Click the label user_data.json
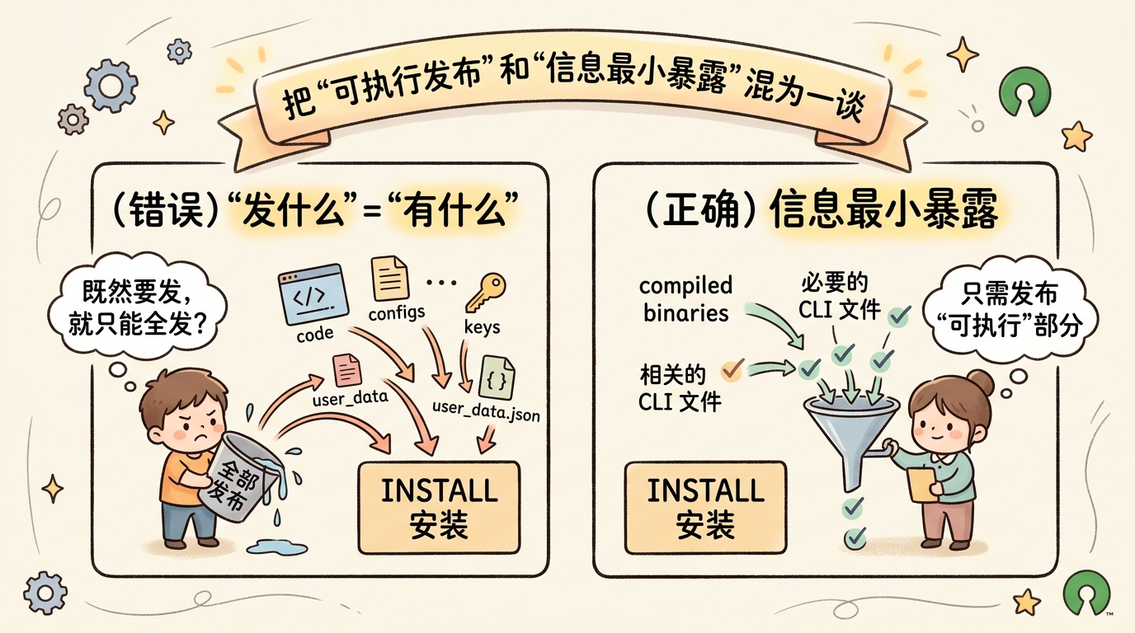tap(486, 410)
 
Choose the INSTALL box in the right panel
tap(706, 507)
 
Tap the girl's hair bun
tap(980, 380)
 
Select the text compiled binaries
tap(685, 299)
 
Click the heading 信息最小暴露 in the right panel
tap(884, 211)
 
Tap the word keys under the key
tap(483, 326)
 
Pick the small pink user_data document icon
tap(346, 368)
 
